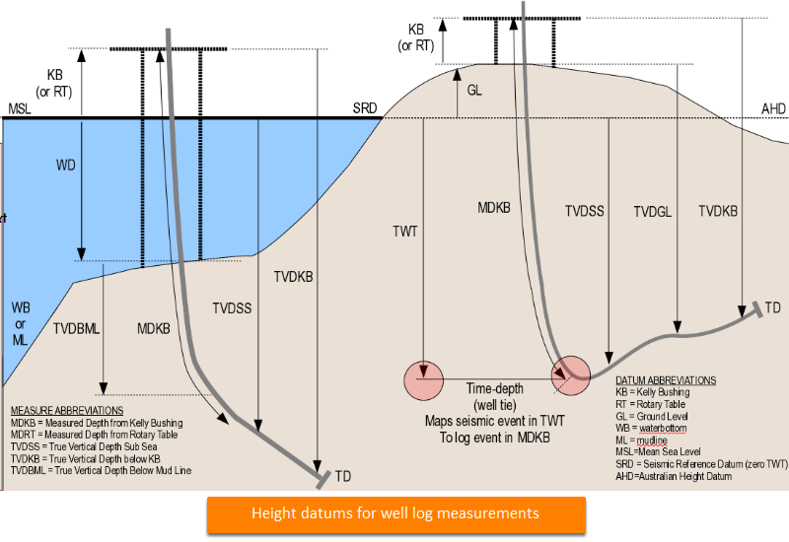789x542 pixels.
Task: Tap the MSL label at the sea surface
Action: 20,108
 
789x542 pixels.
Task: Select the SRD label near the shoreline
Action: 366,108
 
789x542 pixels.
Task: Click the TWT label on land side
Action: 405,231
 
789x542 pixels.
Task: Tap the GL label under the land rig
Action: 475,89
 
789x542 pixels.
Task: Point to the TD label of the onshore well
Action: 772,307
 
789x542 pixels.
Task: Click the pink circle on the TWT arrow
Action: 423,380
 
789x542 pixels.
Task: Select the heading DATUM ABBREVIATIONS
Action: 666,379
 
